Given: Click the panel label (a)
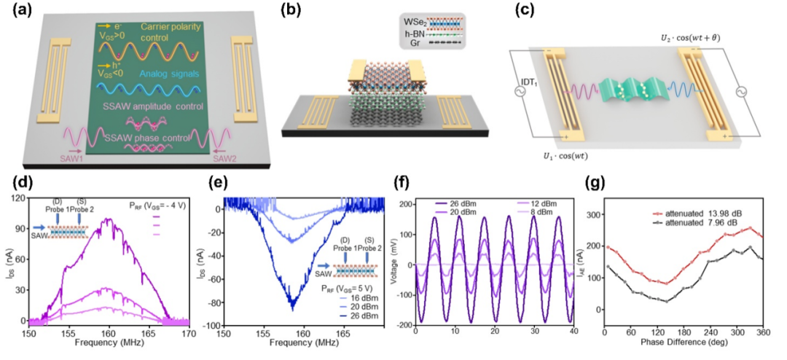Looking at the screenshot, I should tap(15, 11).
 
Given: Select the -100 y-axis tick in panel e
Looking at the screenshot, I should tap(211, 324).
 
